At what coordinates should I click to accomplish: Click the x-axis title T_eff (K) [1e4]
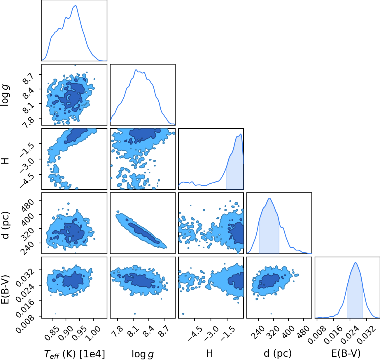tap(75, 354)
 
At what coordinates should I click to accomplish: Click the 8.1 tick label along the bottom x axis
tap(132, 331)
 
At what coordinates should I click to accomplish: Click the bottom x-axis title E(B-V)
tap(346, 354)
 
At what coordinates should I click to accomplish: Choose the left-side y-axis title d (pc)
tap(6, 225)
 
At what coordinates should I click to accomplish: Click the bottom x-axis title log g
tap(143, 354)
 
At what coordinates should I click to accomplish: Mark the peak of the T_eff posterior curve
tap(76, 6)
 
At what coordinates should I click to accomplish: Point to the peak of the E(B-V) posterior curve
tap(356, 262)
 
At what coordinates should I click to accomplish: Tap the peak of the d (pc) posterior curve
tap(269, 198)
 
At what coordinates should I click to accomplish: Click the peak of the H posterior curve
tap(240, 134)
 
